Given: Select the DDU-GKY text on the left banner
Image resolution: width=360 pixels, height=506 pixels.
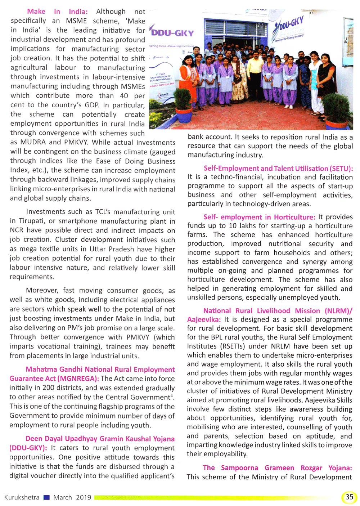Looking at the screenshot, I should pyautogui.click(x=172, y=33).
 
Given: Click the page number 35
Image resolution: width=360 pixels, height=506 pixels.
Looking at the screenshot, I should pyautogui.click(x=349, y=497).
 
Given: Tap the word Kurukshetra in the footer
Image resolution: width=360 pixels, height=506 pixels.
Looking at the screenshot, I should pyautogui.click(x=22, y=497).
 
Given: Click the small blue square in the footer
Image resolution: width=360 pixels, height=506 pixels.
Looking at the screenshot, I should pyautogui.click(x=46, y=497).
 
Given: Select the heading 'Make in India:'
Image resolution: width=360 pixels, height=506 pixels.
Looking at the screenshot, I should pyautogui.click(x=58, y=12).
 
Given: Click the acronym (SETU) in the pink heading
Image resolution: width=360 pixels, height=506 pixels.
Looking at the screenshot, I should pyautogui.click(x=339, y=168).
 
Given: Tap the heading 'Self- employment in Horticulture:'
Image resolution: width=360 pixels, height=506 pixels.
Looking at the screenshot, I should pyautogui.click(x=259, y=217).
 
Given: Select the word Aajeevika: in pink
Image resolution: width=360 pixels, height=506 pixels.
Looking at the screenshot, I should pyautogui.click(x=204, y=319).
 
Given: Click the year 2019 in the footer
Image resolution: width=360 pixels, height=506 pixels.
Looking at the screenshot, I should pyautogui.click(x=84, y=497).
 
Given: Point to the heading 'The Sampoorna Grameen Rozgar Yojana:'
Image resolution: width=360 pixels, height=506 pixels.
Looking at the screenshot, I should pyautogui.click(x=277, y=468).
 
